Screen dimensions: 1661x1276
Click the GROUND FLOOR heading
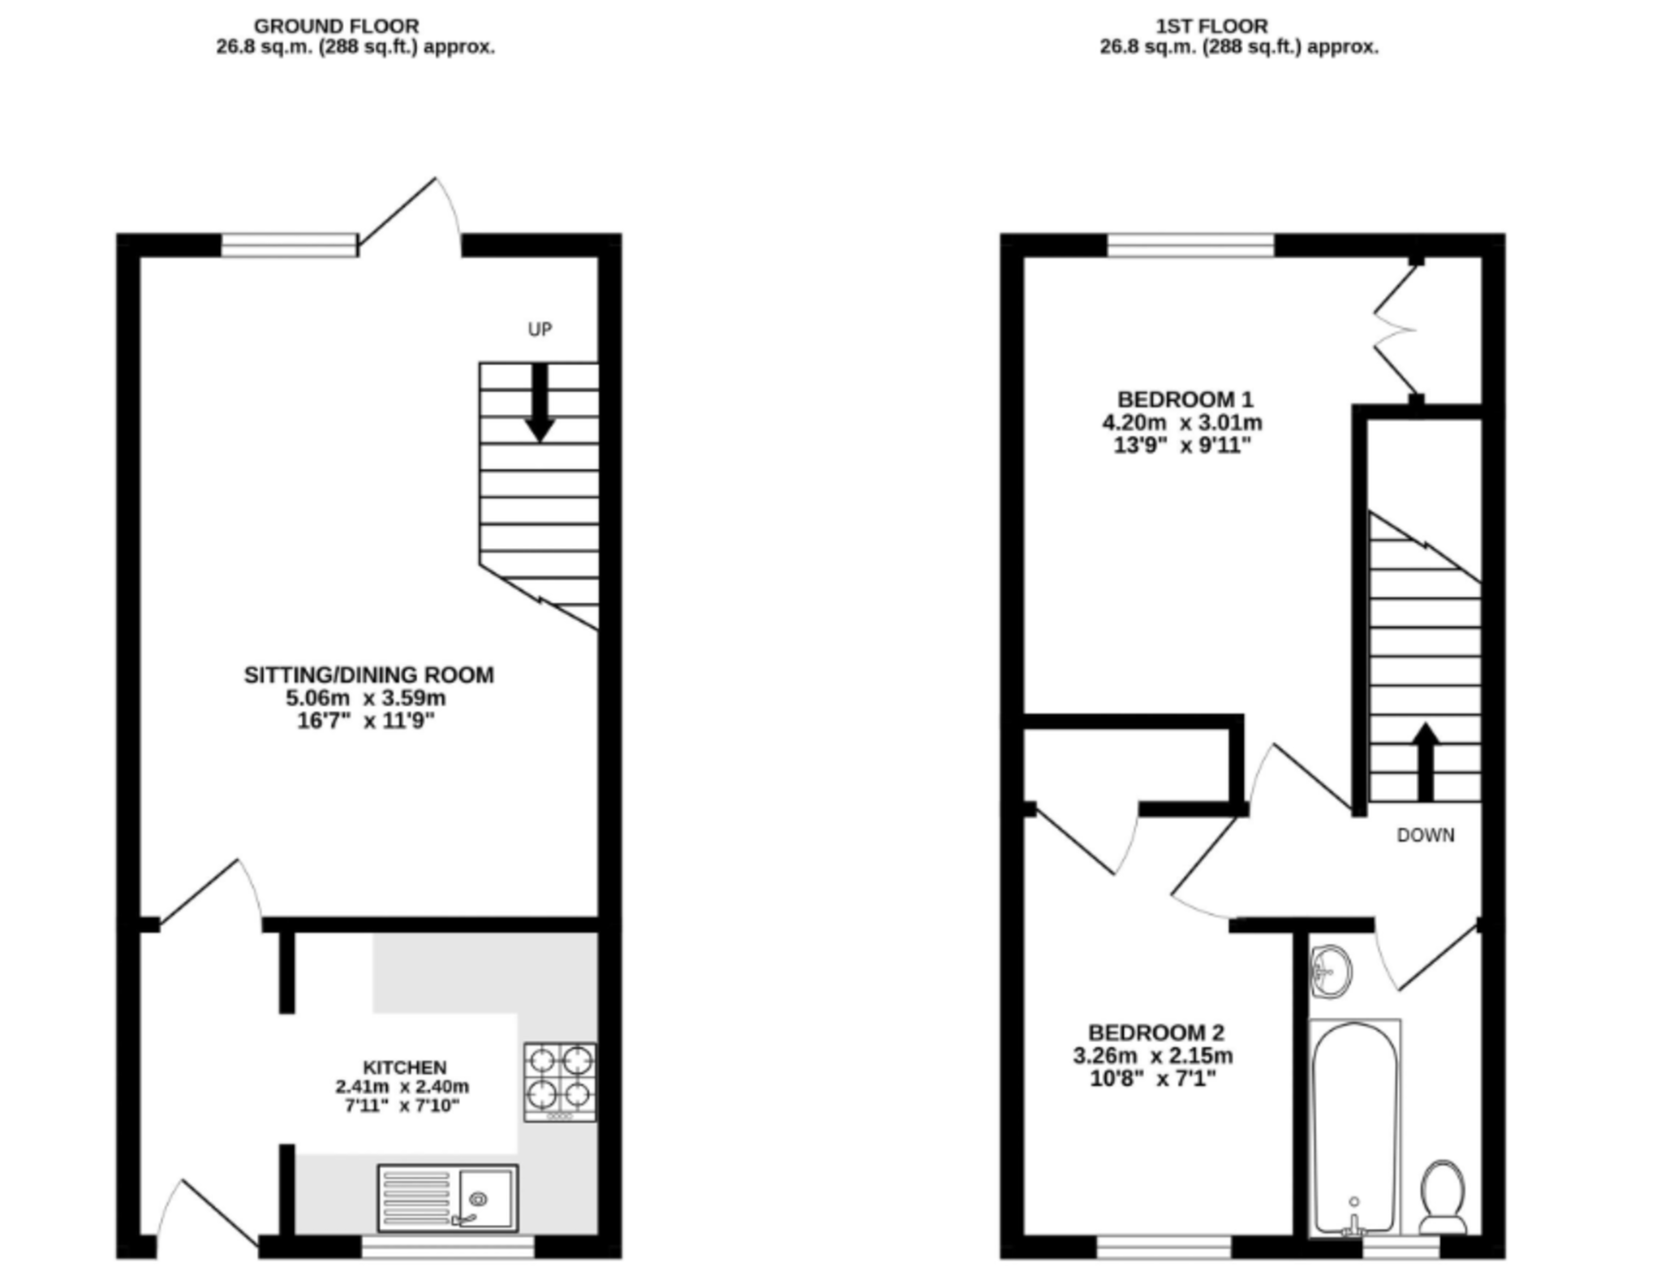(x=336, y=26)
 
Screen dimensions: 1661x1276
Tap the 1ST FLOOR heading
(x=1211, y=26)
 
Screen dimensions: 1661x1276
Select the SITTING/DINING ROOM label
(x=368, y=675)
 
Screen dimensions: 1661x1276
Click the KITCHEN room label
(x=404, y=1067)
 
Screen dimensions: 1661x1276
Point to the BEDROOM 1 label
(x=1185, y=399)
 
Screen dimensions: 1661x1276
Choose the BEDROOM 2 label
(x=1156, y=1032)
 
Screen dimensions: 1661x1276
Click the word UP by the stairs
(x=540, y=329)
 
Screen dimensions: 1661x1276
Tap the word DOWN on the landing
(x=1426, y=835)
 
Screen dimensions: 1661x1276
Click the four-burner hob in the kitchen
(x=560, y=1082)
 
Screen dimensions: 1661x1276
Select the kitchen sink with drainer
(x=447, y=1197)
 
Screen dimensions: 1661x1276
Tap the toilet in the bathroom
(x=1444, y=1196)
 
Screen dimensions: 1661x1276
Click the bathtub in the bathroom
(x=1355, y=1127)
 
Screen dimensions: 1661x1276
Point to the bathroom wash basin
(x=1331, y=970)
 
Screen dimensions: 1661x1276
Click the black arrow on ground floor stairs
(x=540, y=403)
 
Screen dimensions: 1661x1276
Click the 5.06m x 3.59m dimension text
(x=365, y=698)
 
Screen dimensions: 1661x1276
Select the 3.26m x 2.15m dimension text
(x=1153, y=1056)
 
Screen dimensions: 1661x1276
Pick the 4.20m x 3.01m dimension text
(x=1181, y=423)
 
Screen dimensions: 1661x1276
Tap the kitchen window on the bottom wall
(x=447, y=1246)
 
